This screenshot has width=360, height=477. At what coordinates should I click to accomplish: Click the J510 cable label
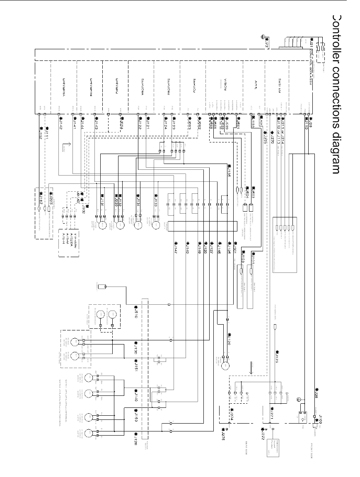[136, 313]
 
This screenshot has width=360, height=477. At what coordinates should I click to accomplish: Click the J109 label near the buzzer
[316, 417]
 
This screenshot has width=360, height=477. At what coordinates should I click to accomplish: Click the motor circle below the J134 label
[138, 226]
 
